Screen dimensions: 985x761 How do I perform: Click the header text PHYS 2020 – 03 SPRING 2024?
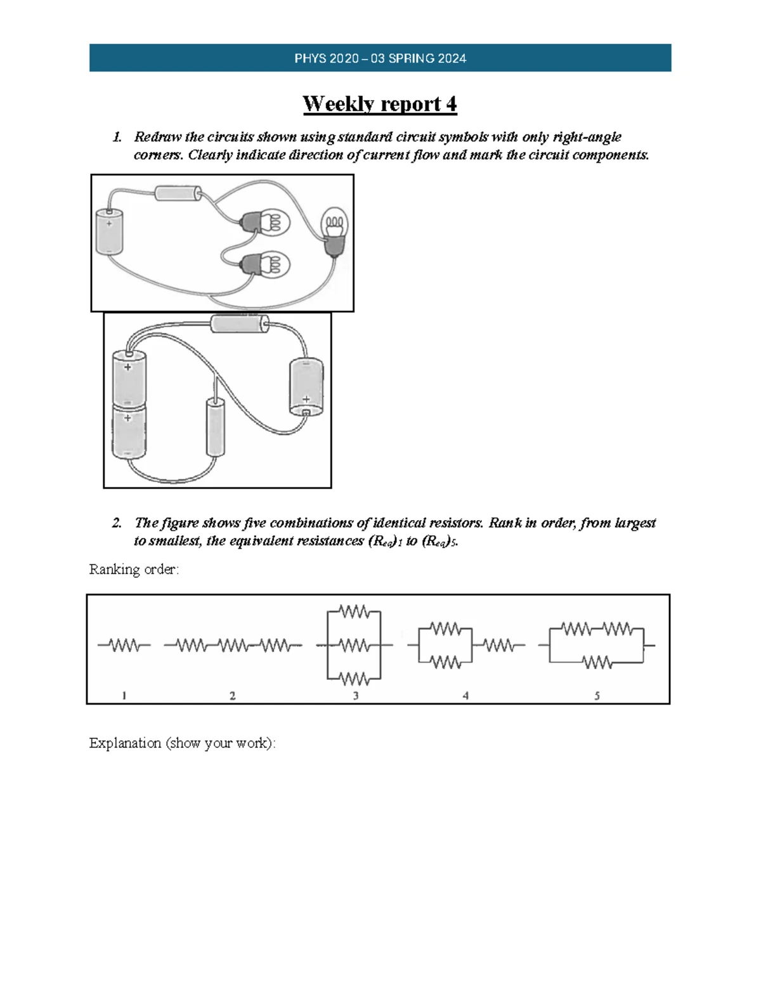pyautogui.click(x=380, y=58)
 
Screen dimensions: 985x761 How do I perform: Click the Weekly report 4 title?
pyautogui.click(x=379, y=103)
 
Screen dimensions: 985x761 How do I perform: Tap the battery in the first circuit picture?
pyautogui.click(x=109, y=232)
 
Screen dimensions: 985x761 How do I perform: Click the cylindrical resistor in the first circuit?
pyautogui.click(x=178, y=192)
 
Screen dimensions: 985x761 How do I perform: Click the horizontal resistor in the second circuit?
pyautogui.click(x=240, y=324)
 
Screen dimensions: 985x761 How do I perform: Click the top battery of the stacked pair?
pyautogui.click(x=129, y=379)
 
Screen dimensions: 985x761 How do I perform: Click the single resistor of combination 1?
pyautogui.click(x=124, y=646)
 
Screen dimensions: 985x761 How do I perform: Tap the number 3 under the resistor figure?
pyautogui.click(x=356, y=696)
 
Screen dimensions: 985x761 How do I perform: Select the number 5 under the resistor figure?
pyautogui.click(x=597, y=696)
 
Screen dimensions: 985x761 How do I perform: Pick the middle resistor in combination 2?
pyautogui.click(x=233, y=646)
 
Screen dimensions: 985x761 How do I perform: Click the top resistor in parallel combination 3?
pyautogui.click(x=354, y=612)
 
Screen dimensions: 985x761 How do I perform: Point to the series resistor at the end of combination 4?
pyautogui.click(x=498, y=646)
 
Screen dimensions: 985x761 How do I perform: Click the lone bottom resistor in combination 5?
pyautogui.click(x=597, y=663)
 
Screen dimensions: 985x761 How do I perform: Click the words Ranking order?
pyautogui.click(x=134, y=569)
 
